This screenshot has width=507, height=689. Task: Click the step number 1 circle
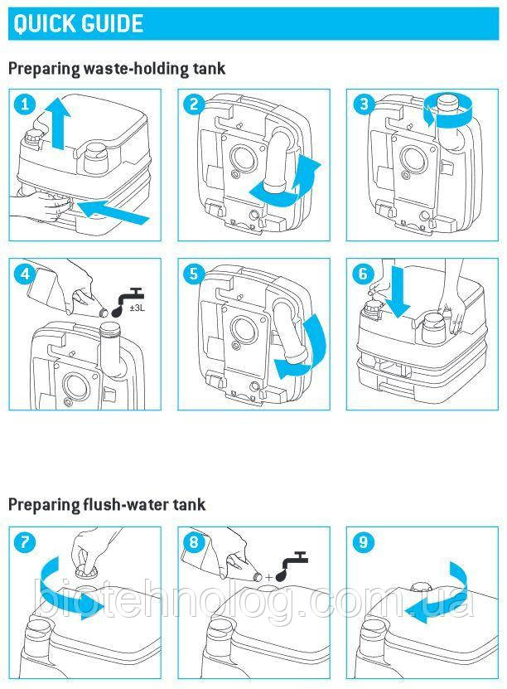pyautogui.click(x=25, y=104)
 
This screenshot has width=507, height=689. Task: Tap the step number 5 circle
pyautogui.click(x=194, y=274)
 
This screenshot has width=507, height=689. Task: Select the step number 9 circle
pyautogui.click(x=363, y=542)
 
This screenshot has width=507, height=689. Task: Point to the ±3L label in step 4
pyautogui.click(x=138, y=307)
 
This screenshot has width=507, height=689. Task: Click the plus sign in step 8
pyautogui.click(x=268, y=577)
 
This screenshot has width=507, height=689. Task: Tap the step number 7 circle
pyautogui.click(x=25, y=542)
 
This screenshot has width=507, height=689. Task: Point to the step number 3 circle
pyautogui.click(x=363, y=104)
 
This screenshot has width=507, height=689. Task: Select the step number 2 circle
pyautogui.click(x=194, y=104)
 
